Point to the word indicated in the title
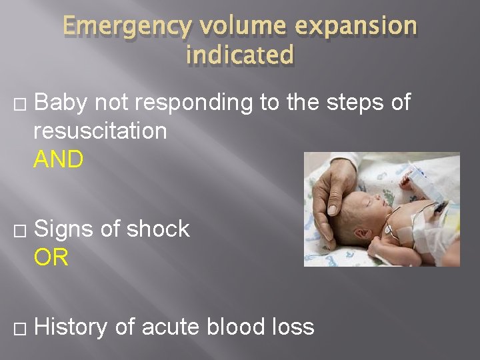coord(240,55)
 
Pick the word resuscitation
coord(100,131)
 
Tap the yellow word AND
coord(59,159)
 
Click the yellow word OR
coord(51,257)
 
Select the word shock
coord(159,229)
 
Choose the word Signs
coord(65,229)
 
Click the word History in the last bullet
coord(70,327)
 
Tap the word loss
coord(293,327)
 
